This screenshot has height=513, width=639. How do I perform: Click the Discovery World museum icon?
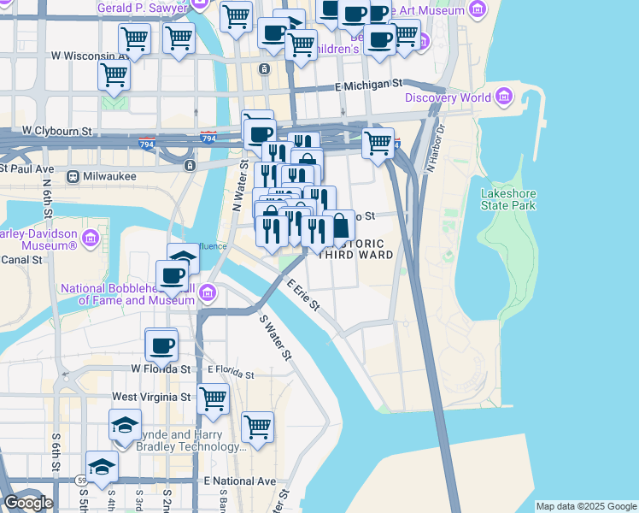(x=505, y=96)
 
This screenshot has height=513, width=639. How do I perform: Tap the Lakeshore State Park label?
(x=508, y=199)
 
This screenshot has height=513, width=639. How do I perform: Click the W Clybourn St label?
(x=56, y=132)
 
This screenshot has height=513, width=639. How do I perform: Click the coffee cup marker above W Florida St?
(x=161, y=345)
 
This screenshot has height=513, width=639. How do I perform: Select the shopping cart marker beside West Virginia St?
(x=213, y=398)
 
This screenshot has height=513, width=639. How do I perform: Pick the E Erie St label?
(x=303, y=294)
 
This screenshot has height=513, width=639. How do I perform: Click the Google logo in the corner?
(x=27, y=503)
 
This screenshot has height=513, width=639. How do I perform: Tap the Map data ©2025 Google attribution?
(x=586, y=506)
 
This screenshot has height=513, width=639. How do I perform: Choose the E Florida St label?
(x=231, y=374)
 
